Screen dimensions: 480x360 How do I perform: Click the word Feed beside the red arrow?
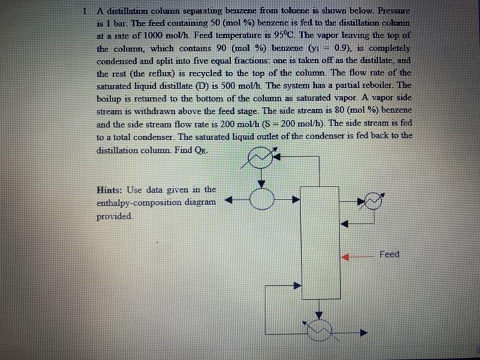(x=389, y=254)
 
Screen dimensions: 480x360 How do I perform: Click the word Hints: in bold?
(x=114, y=190)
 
